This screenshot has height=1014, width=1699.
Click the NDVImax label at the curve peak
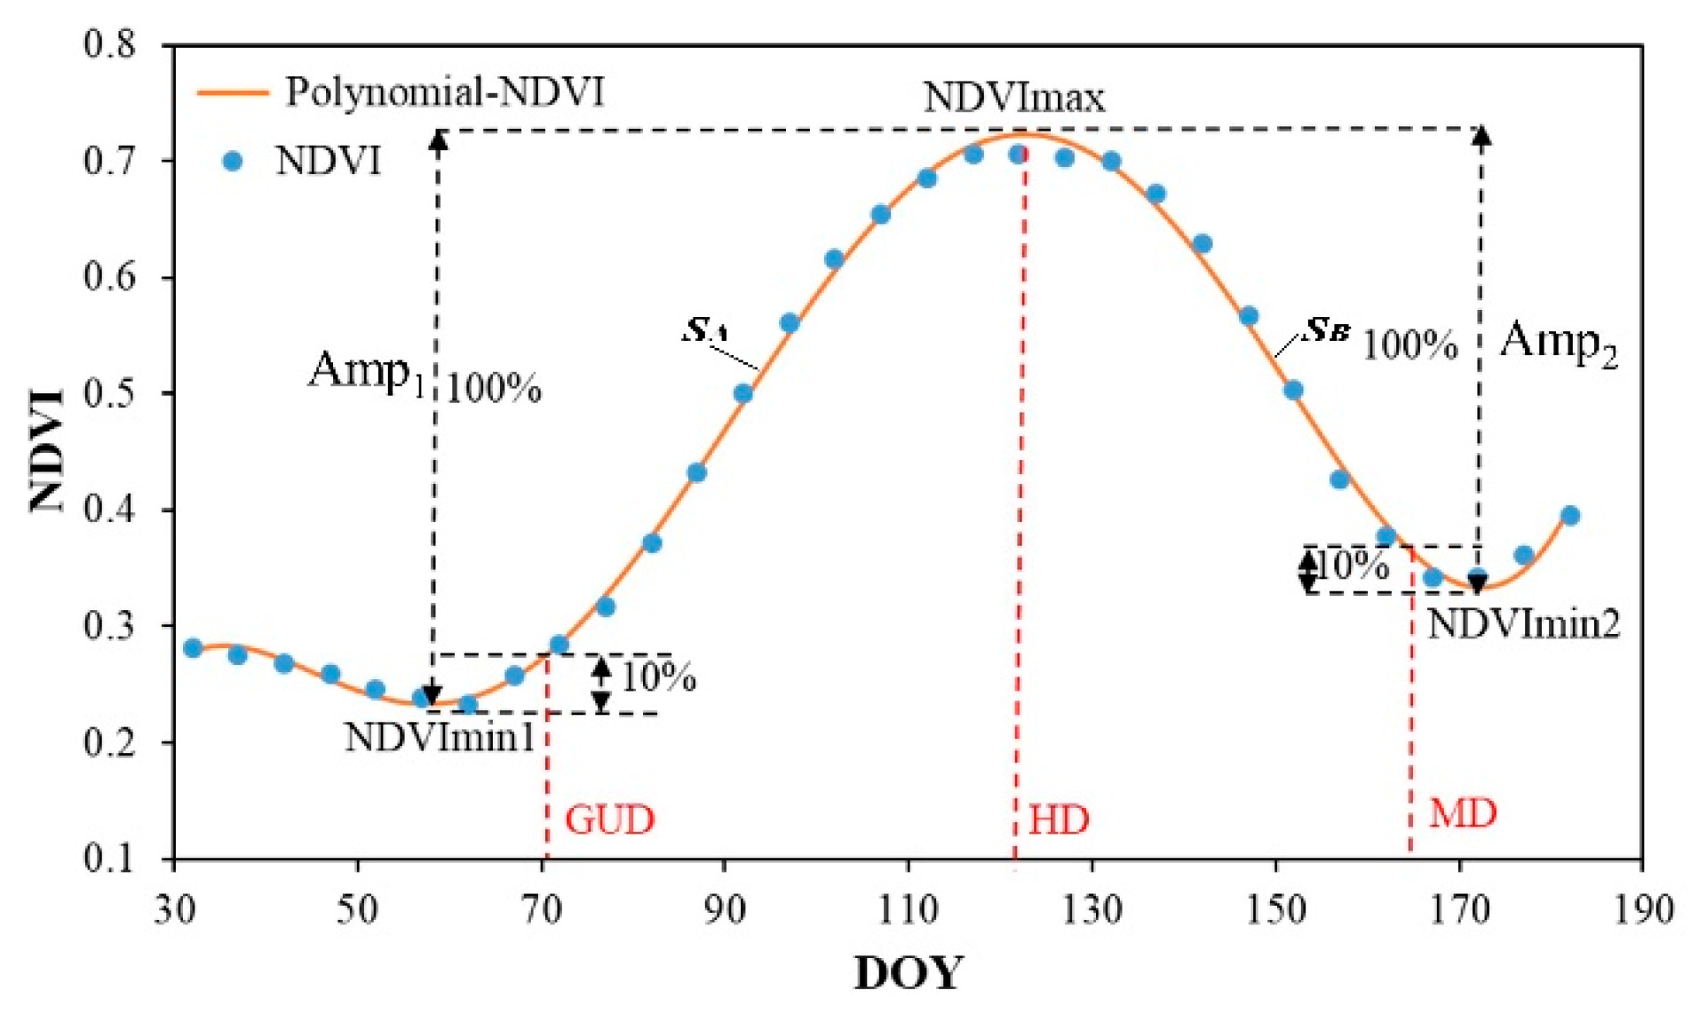[x=1013, y=98]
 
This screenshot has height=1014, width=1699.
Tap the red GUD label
[x=609, y=819]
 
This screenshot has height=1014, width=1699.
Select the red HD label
[x=1058, y=819]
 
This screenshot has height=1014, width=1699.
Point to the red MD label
[x=1462, y=813]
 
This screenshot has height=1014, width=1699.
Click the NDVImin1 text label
[x=439, y=737]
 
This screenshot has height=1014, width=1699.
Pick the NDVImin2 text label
[x=1523, y=624]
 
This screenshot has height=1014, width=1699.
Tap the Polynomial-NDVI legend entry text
[x=444, y=91]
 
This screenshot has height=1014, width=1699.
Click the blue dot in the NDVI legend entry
[x=233, y=161]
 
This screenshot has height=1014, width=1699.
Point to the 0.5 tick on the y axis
[x=110, y=392]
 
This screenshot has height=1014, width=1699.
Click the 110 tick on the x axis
[x=908, y=909]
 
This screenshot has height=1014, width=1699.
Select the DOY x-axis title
[x=908, y=973]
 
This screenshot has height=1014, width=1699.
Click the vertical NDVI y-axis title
[x=46, y=450]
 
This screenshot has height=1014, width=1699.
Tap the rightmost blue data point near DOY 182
[x=1569, y=515]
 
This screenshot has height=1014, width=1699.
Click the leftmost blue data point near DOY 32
[x=193, y=647]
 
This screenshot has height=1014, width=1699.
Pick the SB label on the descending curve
[x=1327, y=330]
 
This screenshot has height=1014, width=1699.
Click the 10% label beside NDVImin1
[x=657, y=677]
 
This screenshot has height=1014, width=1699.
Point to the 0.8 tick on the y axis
[x=110, y=44]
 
